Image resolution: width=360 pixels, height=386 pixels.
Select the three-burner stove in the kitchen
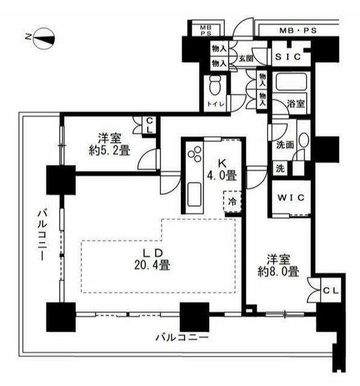(x=197, y=156)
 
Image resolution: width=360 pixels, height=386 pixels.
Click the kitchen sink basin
(x=197, y=195)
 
